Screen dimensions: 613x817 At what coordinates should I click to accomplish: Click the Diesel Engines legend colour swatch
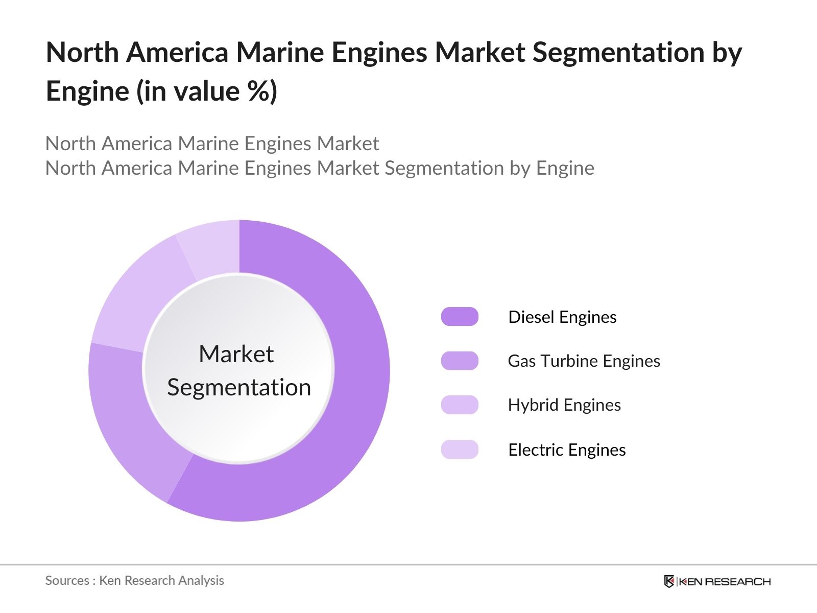click(460, 317)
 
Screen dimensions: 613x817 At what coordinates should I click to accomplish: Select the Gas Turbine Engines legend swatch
click(460, 361)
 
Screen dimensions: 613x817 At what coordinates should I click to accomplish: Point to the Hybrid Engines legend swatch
click(460, 405)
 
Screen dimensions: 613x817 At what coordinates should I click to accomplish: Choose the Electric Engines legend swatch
click(460, 450)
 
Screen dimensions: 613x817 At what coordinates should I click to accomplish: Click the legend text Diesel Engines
click(562, 317)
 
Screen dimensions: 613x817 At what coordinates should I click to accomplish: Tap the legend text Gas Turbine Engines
click(584, 361)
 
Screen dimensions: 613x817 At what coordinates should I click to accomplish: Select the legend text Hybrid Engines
click(564, 405)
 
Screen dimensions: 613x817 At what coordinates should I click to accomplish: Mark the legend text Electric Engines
click(567, 450)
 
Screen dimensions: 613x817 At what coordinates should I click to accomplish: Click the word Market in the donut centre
click(236, 354)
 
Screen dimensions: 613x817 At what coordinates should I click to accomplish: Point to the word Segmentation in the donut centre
click(239, 387)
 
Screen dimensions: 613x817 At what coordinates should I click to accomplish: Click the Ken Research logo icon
click(669, 581)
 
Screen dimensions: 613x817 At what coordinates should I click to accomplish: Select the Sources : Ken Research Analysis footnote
click(134, 580)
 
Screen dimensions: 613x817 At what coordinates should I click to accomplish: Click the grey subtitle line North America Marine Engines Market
click(212, 144)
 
